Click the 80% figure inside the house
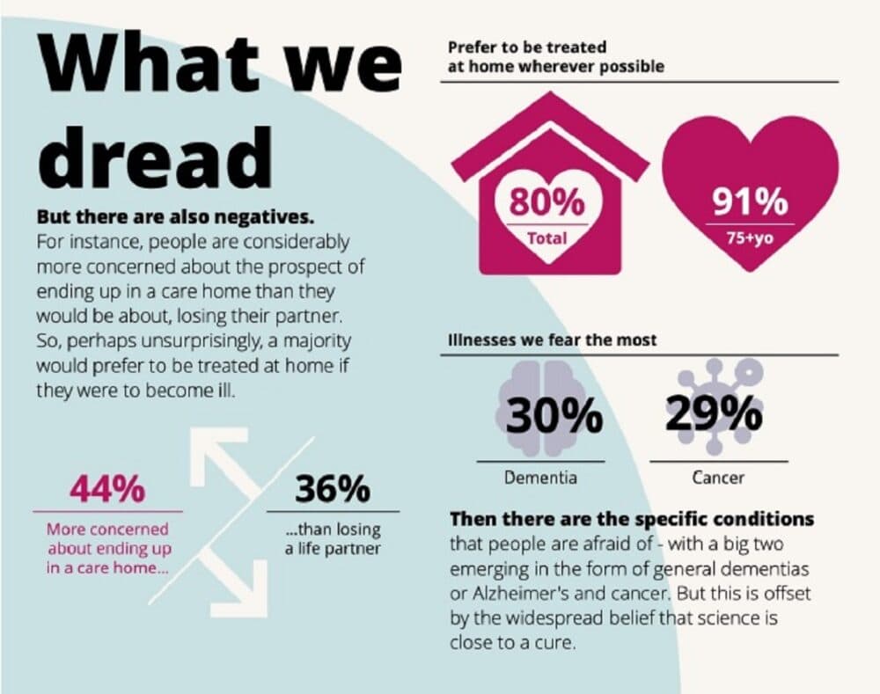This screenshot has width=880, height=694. click(x=546, y=203)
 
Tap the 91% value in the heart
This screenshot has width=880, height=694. click(x=750, y=204)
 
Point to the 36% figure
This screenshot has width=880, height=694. click(x=333, y=489)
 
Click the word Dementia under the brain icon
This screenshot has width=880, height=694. click(x=540, y=478)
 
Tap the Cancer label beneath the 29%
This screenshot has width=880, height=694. click(x=718, y=478)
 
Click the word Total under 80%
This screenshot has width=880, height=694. click(x=546, y=237)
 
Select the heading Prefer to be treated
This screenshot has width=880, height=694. click(x=527, y=47)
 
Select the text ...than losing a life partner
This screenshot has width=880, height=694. click(x=333, y=539)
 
